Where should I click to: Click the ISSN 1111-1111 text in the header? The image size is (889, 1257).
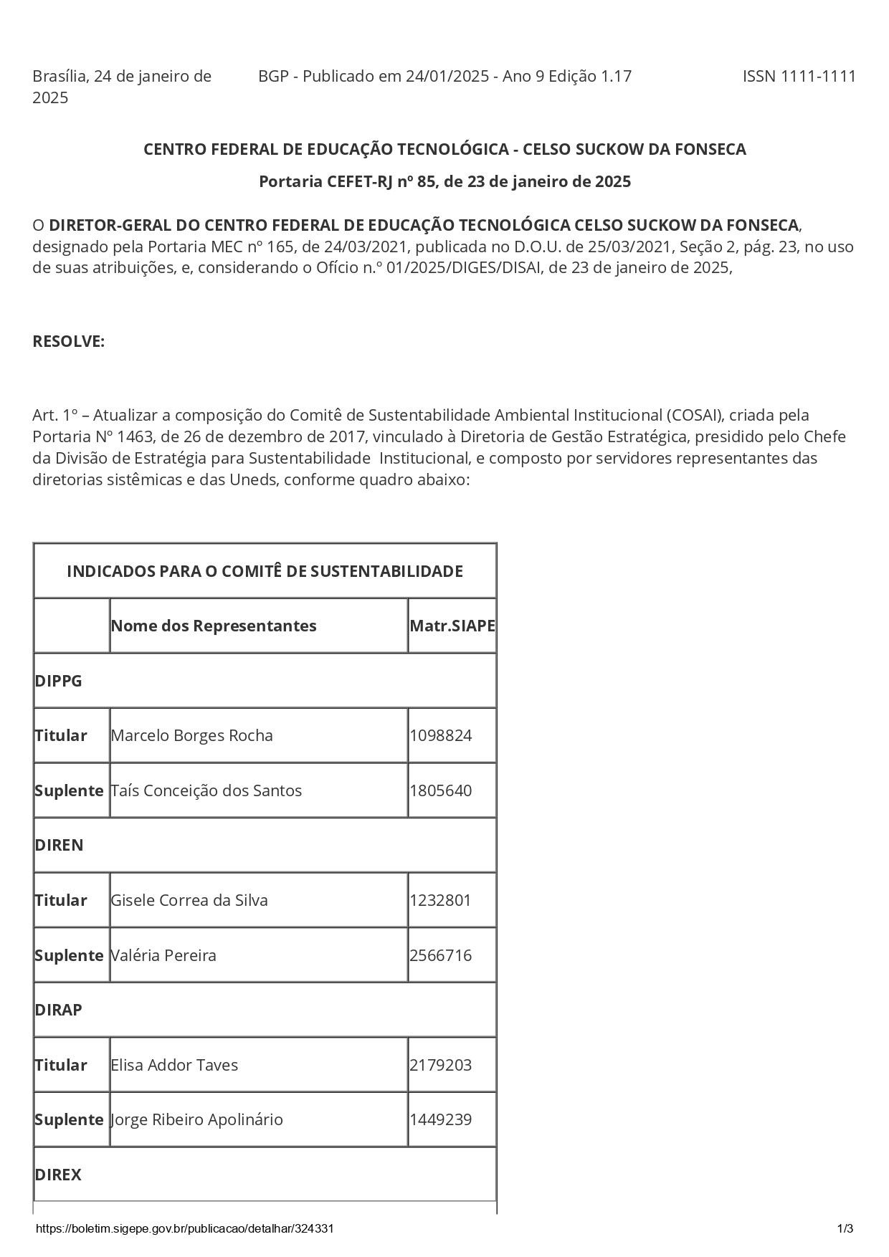[799, 77]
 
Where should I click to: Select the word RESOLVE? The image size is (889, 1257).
[69, 342]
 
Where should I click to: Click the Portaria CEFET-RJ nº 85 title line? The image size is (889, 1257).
[444, 181]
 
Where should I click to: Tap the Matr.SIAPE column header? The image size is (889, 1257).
[452, 626]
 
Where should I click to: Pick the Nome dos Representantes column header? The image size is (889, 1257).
[214, 626]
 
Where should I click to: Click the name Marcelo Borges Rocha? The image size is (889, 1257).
[192, 735]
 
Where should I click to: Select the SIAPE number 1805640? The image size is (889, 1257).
[441, 790]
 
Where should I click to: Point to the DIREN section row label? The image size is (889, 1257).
[59, 845]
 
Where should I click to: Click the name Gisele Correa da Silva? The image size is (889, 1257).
[189, 900]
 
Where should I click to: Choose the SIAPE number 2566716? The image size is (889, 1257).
[441, 955]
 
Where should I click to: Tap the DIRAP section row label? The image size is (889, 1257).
[59, 1010]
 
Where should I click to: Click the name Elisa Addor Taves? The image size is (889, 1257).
[174, 1065]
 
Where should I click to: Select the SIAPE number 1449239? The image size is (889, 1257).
[441, 1119]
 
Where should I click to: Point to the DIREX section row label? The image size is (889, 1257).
[58, 1175]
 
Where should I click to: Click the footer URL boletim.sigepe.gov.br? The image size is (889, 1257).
[184, 1228]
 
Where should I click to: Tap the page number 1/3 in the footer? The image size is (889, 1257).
[845, 1228]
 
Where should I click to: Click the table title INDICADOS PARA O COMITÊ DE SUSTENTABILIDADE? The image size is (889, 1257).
[265, 571]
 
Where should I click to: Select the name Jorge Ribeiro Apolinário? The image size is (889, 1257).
[197, 1119]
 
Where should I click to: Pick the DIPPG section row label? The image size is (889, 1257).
[59, 681]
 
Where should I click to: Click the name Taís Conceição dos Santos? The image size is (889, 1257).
[206, 790]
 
